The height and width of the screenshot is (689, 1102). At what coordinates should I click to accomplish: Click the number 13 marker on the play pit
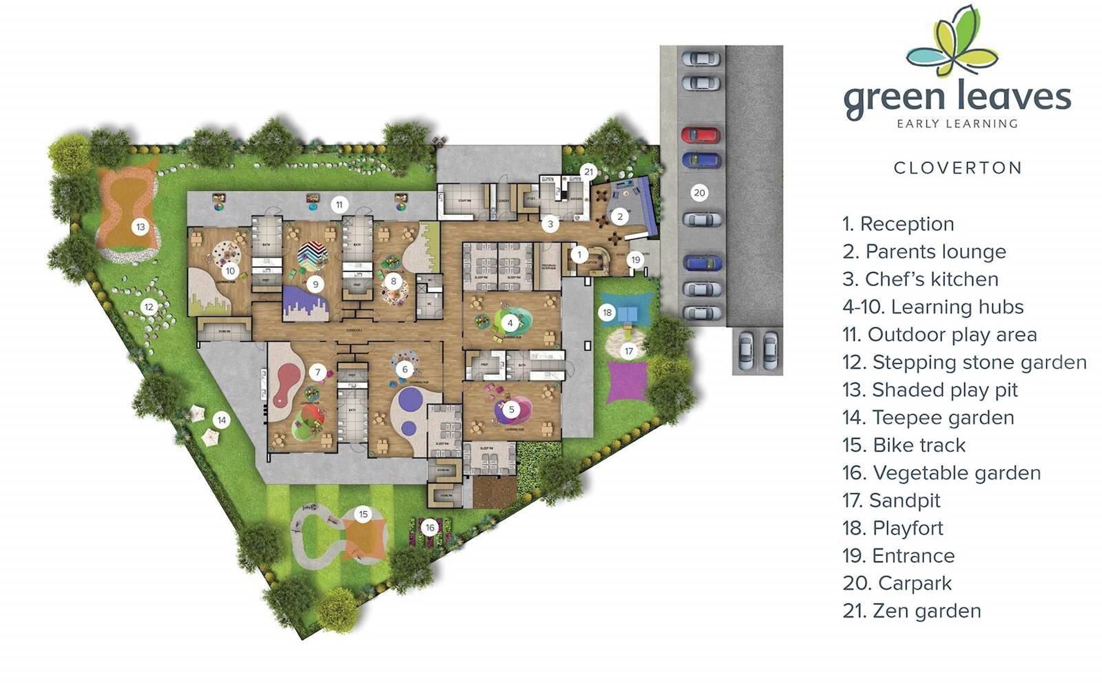point(141,226)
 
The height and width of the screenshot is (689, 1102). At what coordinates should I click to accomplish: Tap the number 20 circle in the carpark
point(699,193)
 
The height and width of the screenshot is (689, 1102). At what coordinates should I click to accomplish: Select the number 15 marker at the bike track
point(364,514)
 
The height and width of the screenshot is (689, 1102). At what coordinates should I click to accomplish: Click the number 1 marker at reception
point(579,255)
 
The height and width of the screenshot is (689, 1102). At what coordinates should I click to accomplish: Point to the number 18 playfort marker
point(607,313)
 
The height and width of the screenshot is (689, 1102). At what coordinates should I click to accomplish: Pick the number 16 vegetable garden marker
point(430,528)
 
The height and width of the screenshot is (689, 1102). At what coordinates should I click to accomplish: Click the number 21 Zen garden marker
point(588,172)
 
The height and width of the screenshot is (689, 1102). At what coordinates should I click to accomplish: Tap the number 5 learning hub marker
point(511,409)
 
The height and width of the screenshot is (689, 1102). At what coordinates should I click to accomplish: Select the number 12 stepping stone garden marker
point(149,307)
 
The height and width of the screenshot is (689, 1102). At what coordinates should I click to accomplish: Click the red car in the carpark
point(700,134)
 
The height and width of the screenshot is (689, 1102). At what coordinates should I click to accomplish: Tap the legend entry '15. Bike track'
point(904,445)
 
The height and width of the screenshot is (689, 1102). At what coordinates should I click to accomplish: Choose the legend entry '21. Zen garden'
point(911,610)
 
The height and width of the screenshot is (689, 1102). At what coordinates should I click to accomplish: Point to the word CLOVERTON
point(957,167)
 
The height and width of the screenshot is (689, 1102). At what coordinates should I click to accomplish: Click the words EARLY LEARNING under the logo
point(957,124)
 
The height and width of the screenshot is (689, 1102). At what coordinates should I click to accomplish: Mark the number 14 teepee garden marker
point(221,420)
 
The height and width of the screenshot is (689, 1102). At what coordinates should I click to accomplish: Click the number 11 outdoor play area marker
point(338,204)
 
